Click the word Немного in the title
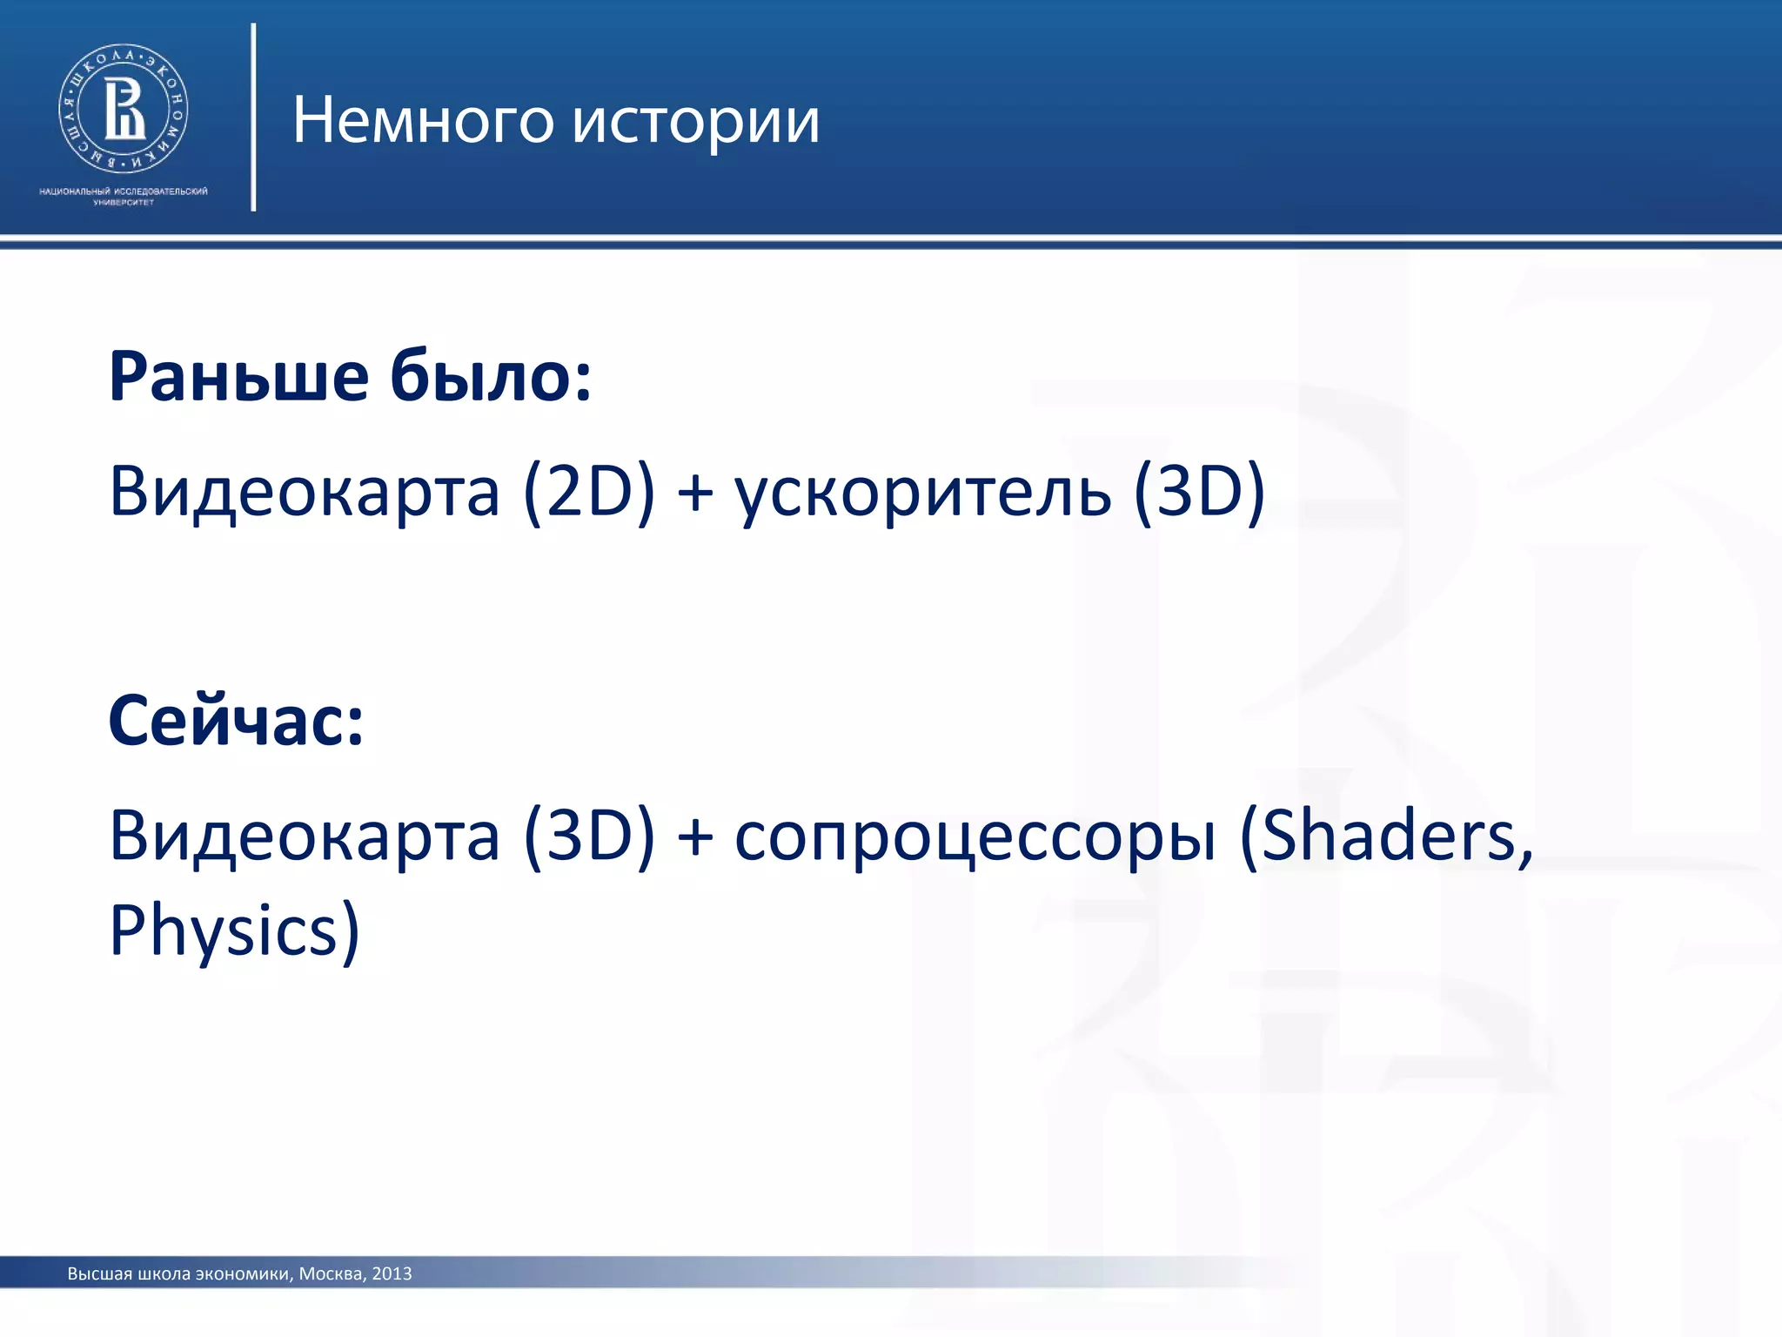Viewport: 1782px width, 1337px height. [423, 120]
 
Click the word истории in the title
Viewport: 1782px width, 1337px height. [696, 122]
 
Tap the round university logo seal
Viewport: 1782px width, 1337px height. [124, 108]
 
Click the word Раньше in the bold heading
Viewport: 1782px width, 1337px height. [239, 377]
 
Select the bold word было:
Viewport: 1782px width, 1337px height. [490, 377]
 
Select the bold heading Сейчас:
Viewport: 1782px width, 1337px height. [236, 721]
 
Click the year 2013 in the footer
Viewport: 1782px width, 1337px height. [392, 1273]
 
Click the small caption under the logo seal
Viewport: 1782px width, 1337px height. [124, 196]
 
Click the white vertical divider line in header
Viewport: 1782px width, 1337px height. [253, 118]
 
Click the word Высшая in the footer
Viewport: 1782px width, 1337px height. [100, 1273]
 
